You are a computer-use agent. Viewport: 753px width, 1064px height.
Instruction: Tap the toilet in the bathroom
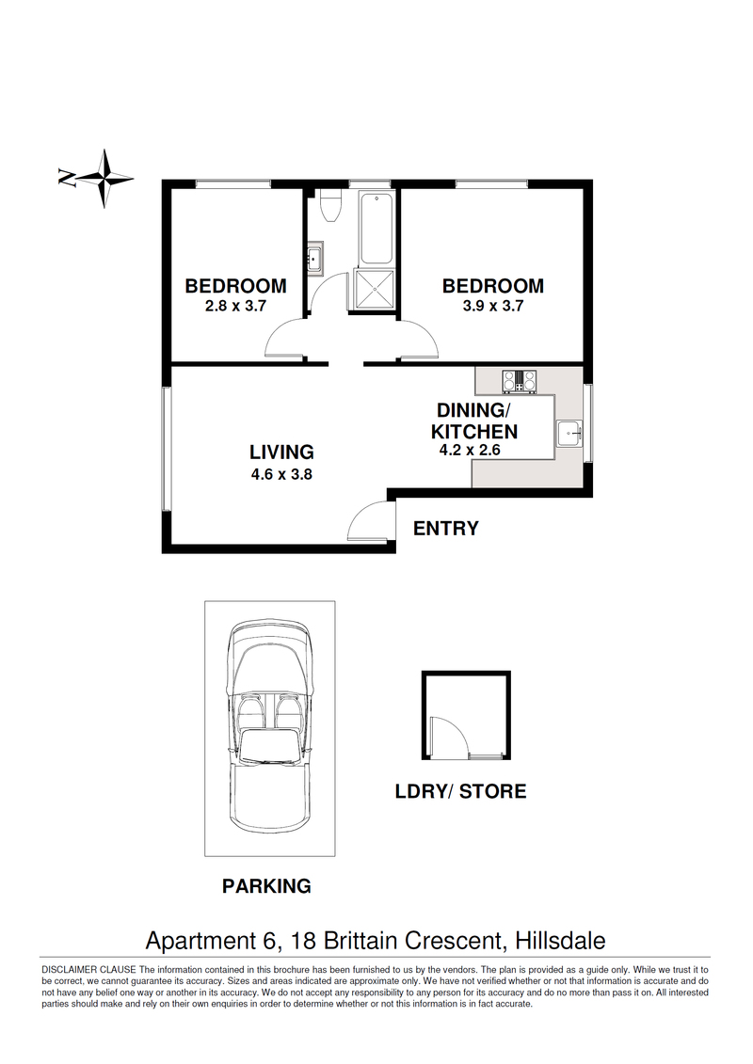330,205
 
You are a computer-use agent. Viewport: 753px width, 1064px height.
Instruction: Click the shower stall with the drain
374,291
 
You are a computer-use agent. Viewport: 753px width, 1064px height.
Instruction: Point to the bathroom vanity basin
315,258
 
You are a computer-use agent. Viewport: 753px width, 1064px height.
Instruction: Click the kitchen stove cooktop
521,381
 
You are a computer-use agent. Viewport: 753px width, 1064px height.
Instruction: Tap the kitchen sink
569,434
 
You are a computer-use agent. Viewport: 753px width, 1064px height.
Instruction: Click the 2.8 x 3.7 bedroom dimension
235,306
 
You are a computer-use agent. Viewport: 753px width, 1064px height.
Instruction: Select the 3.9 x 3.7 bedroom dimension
493,306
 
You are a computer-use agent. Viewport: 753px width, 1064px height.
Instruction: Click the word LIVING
281,452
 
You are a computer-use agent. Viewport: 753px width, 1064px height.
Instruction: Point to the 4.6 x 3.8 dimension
281,474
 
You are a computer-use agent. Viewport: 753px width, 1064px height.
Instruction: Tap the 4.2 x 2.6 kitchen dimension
470,450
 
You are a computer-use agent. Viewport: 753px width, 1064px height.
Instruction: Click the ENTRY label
446,528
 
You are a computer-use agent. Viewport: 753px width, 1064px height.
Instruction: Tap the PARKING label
266,885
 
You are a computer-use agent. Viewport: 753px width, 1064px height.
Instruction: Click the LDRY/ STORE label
461,791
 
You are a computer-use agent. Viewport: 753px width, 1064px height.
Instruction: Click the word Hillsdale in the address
560,941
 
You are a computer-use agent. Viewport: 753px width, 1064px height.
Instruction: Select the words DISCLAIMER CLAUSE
88,970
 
